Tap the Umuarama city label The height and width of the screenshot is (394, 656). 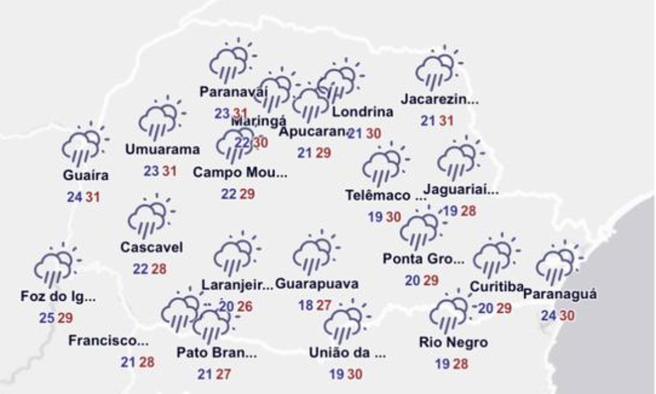pos(163,149)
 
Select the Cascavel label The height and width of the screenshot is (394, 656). pos(151,247)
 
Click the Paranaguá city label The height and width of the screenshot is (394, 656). pos(560,294)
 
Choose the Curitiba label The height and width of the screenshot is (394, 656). pos(495,288)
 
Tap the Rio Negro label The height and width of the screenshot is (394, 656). pos(453,343)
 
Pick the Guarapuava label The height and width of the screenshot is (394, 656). pos(317,284)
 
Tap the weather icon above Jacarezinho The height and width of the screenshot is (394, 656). pos(437,71)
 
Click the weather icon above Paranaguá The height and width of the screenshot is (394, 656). pos(557,264)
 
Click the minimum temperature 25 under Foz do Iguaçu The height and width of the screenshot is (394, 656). pos(46,318)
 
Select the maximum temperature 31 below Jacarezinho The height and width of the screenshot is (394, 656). pos(447,121)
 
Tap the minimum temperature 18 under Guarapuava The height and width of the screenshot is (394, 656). pos(306,305)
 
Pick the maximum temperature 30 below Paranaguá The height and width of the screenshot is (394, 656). pos(567,315)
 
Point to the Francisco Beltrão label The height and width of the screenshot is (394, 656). pos(109,342)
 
